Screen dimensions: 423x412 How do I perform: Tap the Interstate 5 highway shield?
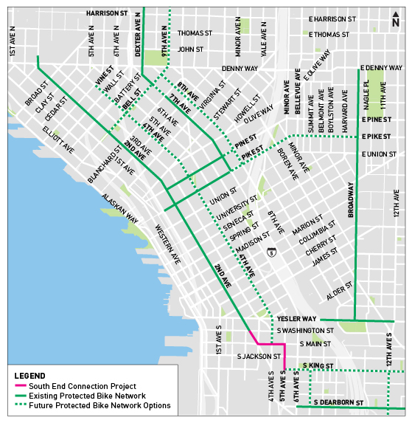[272, 252]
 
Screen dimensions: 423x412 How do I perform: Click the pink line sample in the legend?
[21, 386]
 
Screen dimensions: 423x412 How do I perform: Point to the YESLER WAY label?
[296, 319]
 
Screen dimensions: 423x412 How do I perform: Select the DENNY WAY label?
[240, 68]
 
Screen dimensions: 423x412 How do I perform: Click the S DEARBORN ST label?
[339, 402]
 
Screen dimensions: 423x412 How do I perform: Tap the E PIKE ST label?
[377, 137]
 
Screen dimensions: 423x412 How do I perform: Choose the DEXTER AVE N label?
[138, 35]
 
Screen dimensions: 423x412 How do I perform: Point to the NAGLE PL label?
[367, 97]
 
